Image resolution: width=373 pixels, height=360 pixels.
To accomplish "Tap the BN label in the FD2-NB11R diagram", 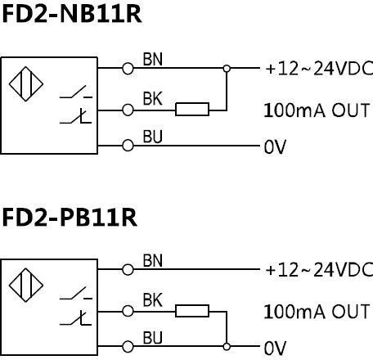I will [153, 59].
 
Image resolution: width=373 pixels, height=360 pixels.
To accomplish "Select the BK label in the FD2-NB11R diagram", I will [153, 99].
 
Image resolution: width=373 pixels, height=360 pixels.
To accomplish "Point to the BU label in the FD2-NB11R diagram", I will [153, 137].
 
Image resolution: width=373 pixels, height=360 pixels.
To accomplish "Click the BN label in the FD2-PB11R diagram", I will [153, 260].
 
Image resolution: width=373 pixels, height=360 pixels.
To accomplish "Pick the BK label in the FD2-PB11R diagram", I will [153, 300].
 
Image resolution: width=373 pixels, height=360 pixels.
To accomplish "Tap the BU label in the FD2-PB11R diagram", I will [153, 337].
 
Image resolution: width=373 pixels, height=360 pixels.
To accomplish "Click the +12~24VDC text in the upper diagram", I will [318, 69].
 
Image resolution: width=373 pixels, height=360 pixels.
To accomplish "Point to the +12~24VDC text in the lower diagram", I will [318, 270].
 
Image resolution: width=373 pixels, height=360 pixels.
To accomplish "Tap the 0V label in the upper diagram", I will [275, 148].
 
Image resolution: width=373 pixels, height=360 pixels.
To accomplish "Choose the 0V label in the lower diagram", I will [275, 349].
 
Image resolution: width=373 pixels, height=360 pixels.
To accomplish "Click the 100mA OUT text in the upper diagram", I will [317, 109].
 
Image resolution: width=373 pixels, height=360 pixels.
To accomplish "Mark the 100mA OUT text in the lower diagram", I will [317, 311].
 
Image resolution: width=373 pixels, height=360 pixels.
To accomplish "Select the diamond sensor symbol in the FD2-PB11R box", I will [25, 286].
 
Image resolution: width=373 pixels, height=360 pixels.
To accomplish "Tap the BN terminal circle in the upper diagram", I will [127, 69].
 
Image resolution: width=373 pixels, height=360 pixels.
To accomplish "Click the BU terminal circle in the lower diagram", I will [127, 347].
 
